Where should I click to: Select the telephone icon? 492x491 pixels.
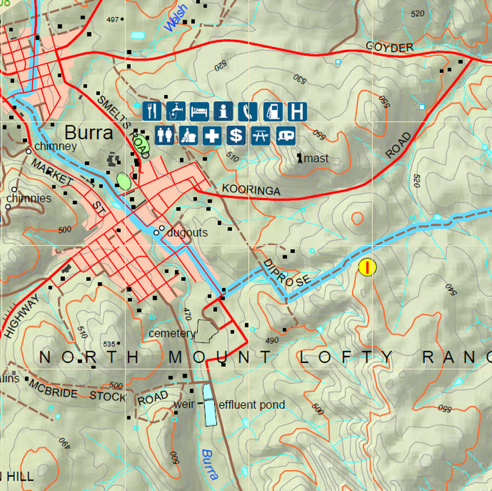pyautogui.click(x=248, y=110)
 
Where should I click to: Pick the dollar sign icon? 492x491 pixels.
pyautogui.click(x=235, y=136)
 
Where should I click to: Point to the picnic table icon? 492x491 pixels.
pyautogui.click(x=260, y=136)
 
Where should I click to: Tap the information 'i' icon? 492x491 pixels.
pyautogui.click(x=223, y=110)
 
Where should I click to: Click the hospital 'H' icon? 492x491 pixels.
pyautogui.click(x=297, y=110)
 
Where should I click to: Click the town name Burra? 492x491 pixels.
pyautogui.click(x=88, y=133)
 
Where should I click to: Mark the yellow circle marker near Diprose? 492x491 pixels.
pyautogui.click(x=367, y=267)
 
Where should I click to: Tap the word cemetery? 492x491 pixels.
pyautogui.click(x=172, y=333)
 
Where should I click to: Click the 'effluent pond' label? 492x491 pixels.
pyautogui.click(x=252, y=405)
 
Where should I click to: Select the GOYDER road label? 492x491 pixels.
pyautogui.click(x=389, y=48)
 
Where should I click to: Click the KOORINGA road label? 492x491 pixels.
pyautogui.click(x=251, y=190)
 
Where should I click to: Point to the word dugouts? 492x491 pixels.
pyautogui.click(x=188, y=233)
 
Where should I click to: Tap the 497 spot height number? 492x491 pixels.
pyautogui.click(x=113, y=20)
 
